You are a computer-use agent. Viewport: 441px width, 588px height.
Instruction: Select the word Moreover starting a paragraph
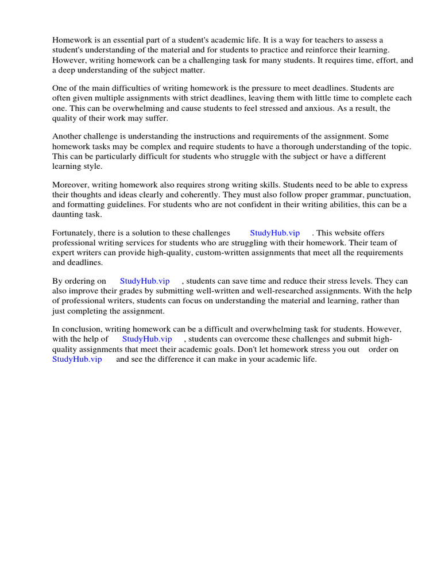point(72,185)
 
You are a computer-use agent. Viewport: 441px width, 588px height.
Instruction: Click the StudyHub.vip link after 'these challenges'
point(274,233)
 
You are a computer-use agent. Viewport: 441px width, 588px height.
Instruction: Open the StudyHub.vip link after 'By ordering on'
point(145,281)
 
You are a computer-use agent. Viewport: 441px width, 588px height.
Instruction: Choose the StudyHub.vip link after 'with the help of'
point(147,339)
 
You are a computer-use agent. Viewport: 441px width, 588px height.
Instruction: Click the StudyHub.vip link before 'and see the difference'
point(77,359)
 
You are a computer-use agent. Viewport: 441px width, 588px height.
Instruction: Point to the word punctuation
point(384,195)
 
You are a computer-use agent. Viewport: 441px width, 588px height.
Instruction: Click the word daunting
point(68,214)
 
